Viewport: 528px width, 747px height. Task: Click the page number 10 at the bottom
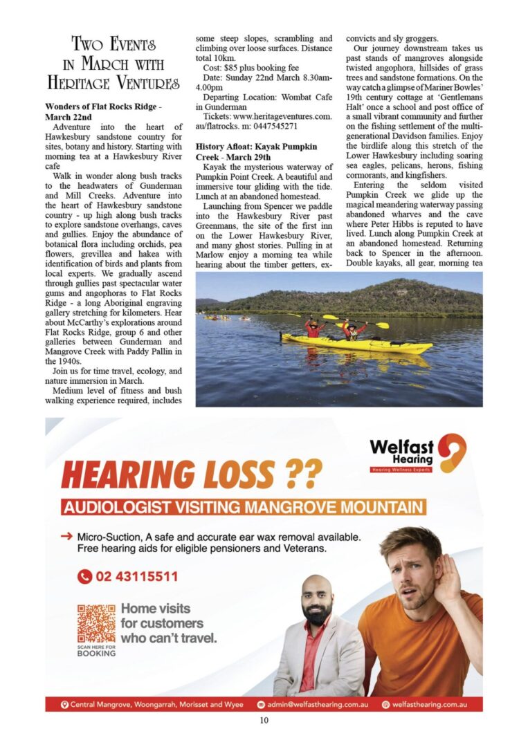[x=264, y=720]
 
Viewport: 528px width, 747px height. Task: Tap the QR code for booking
[x=96, y=624]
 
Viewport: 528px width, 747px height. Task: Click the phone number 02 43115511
[x=136, y=576]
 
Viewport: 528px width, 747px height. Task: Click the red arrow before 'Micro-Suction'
[x=66, y=536]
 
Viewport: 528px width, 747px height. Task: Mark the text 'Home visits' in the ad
[x=155, y=609]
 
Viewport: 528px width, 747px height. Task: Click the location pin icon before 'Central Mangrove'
[x=64, y=704]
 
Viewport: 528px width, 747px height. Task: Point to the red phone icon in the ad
[x=84, y=576]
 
